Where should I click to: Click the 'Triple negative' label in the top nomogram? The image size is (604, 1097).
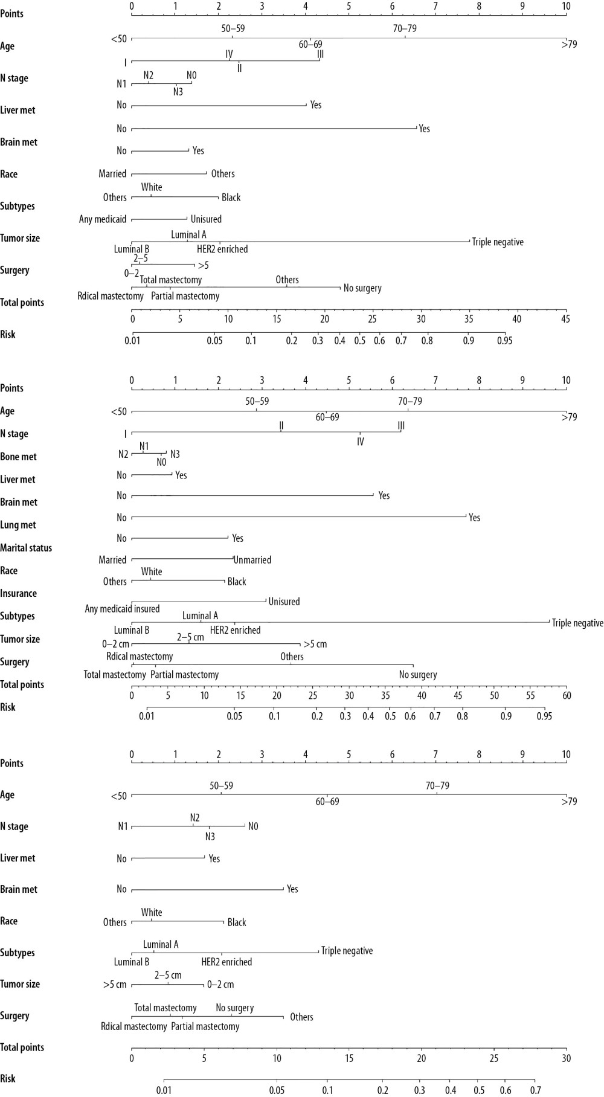[498, 242]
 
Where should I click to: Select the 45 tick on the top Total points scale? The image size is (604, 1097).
[565, 319]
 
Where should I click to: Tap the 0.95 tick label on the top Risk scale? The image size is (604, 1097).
[504, 341]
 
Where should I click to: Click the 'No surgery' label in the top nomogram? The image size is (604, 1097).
[362, 288]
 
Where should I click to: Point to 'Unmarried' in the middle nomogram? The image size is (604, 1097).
[252, 560]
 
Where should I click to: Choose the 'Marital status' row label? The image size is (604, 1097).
[26, 548]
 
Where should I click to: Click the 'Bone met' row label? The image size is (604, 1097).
[18, 457]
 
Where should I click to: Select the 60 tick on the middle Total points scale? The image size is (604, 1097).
[566, 695]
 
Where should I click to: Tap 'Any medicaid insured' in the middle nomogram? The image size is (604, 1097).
[122, 609]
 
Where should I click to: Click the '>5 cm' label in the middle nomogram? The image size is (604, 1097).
[315, 644]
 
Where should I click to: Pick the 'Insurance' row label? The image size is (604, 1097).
[18, 593]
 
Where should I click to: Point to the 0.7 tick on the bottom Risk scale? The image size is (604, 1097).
[535, 1090]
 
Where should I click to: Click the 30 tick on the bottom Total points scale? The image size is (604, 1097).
[566, 1058]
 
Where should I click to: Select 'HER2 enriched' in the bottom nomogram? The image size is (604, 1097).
[226, 962]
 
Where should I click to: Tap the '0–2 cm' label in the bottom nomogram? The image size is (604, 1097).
[220, 985]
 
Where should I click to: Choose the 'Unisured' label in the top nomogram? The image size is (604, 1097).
[206, 219]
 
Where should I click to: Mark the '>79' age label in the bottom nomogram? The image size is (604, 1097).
[569, 802]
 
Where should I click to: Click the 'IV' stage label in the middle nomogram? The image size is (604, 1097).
[360, 442]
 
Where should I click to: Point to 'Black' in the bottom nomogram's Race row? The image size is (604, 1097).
[237, 922]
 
